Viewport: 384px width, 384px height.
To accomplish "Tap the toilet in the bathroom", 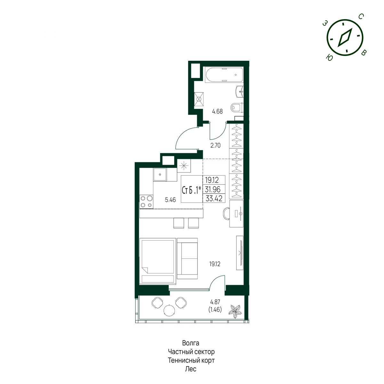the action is (x=237, y=108).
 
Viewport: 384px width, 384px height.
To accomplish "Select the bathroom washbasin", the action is (x=240, y=92).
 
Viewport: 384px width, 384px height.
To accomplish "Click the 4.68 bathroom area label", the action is (x=217, y=111).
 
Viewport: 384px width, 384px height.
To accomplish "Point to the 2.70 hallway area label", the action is (x=215, y=146).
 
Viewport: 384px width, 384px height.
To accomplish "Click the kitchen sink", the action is (x=160, y=175).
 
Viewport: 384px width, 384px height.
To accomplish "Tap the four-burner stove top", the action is (x=146, y=202).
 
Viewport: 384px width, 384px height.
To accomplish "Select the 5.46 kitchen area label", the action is (x=170, y=200).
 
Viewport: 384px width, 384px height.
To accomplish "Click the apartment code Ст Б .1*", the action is (x=191, y=190).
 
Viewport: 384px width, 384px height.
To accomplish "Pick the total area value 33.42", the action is (x=214, y=198).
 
